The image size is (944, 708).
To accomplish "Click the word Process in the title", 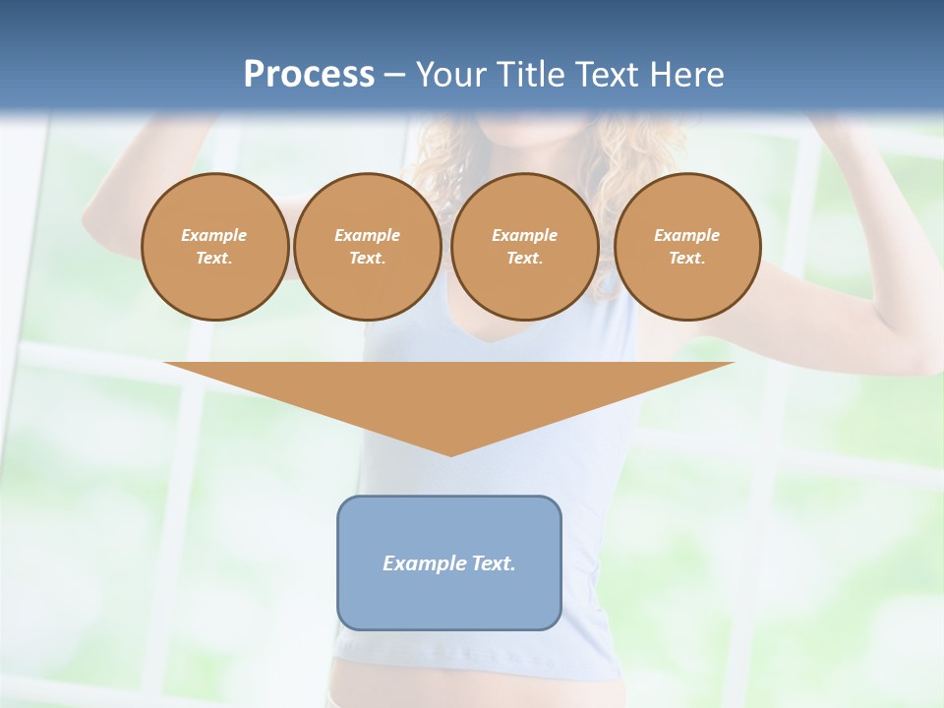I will [x=309, y=75].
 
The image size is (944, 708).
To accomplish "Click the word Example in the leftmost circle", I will [x=214, y=235].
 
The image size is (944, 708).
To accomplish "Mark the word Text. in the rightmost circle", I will [x=686, y=258].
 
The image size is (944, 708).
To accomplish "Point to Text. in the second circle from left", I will [x=367, y=258].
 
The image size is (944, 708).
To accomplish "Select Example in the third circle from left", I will [x=524, y=235].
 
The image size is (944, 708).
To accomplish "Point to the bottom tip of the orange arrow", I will [x=449, y=453].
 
